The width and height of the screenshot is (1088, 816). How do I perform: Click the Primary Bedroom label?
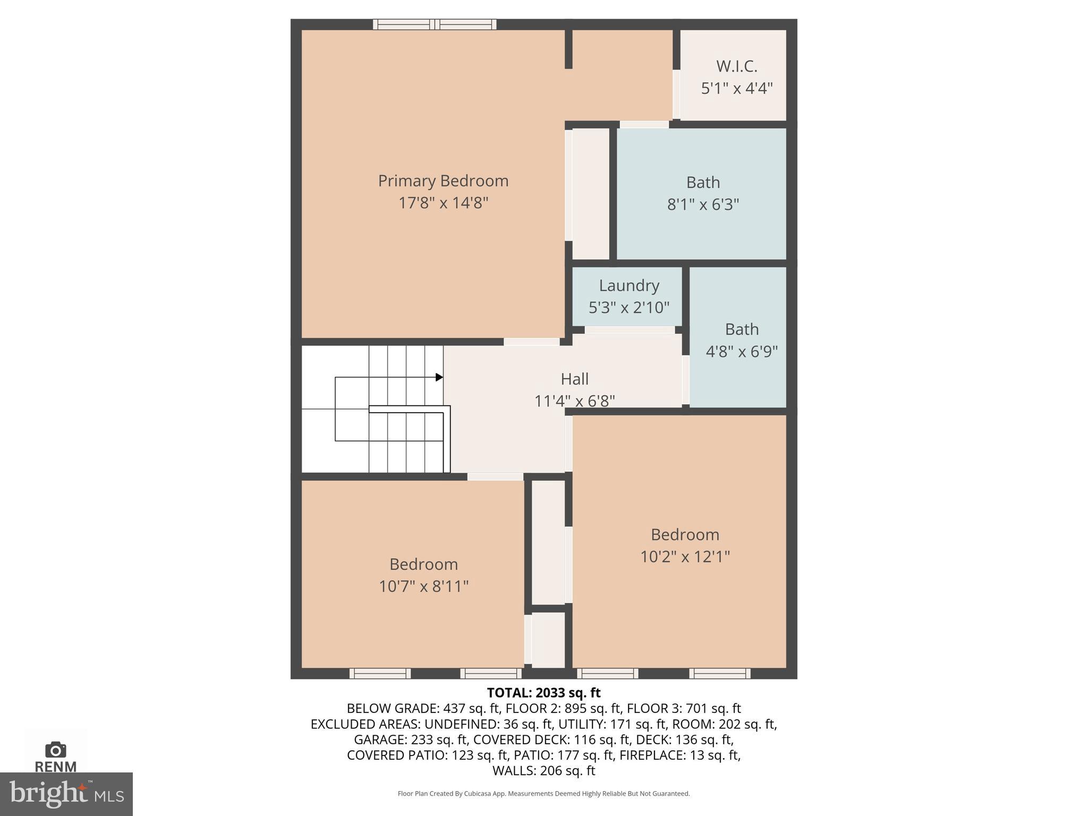[x=443, y=181]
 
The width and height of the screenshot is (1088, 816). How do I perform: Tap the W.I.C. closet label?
[x=736, y=66]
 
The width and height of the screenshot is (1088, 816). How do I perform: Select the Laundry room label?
[x=629, y=285]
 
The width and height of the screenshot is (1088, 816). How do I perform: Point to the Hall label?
[x=574, y=379]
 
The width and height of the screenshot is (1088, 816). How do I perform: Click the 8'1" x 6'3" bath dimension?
[x=703, y=205]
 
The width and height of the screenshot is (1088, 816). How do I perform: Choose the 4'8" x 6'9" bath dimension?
[x=742, y=351]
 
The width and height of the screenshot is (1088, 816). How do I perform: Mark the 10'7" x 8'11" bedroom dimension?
[x=423, y=586]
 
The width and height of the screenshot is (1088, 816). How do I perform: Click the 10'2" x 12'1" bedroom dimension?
[x=685, y=556]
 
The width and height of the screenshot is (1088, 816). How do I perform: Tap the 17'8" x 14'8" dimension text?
[x=443, y=203]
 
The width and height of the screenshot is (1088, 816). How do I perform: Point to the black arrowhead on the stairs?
[x=439, y=377]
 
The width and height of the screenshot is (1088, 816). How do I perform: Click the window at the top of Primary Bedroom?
[x=435, y=24]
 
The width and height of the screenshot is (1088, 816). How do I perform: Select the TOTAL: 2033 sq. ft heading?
[x=543, y=693]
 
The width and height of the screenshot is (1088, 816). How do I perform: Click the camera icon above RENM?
[x=55, y=750]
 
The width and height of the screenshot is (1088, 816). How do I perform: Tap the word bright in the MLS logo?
[x=48, y=794]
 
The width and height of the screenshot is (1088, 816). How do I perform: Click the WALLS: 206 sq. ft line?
[x=543, y=770]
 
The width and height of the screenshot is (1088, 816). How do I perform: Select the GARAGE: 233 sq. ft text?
[x=411, y=739]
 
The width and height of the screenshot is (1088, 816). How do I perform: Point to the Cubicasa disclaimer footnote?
[x=543, y=794]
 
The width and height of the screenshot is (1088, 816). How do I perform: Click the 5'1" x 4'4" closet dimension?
[x=736, y=88]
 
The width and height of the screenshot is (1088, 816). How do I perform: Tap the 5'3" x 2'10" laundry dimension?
[x=629, y=307]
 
